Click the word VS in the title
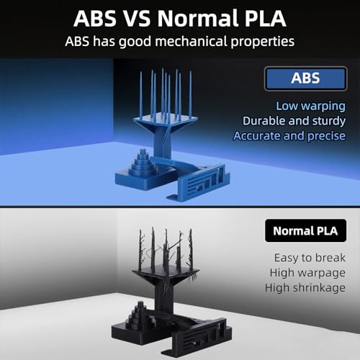(137, 18)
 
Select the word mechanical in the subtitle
(192, 41)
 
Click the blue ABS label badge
(305, 78)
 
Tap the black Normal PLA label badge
(305, 230)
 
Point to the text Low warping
(310, 106)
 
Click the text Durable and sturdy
(294, 121)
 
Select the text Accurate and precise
(289, 136)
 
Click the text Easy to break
(310, 258)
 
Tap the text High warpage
(307, 273)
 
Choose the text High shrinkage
(305, 288)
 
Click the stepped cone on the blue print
(142, 163)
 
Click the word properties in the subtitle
(263, 42)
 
